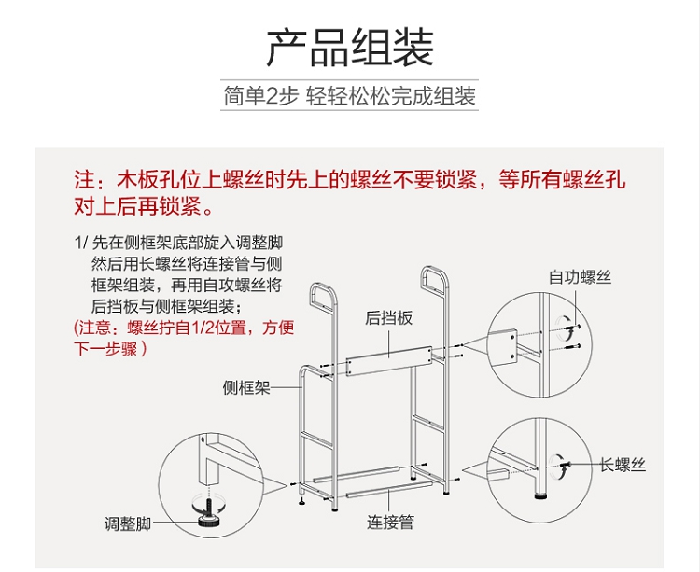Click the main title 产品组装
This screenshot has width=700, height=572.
coord(349,48)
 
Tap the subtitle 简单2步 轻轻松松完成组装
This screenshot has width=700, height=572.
coord(349,96)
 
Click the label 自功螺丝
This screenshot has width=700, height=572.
coord(580,277)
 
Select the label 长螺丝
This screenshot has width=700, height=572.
coord(623,464)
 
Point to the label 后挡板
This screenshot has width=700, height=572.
coord(388,318)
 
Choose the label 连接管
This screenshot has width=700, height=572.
coord(390,522)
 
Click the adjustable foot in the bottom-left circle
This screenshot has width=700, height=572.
coord(206,510)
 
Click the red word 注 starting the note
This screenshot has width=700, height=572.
coord(83,179)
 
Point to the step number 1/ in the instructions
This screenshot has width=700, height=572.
coord(79,242)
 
